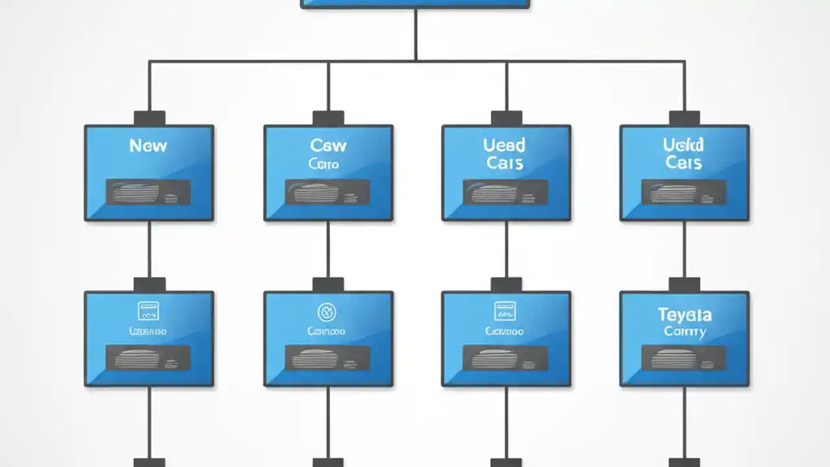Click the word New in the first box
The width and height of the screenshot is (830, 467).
148,145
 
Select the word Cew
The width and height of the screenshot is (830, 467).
328,145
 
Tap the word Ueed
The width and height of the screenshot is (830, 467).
504,145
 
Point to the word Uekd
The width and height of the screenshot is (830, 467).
683,145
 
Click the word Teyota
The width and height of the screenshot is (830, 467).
685,315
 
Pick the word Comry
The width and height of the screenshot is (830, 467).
685,331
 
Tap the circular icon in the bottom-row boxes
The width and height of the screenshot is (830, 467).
327,311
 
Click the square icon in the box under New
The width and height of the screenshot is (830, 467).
148,311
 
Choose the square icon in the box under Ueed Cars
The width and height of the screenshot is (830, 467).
504,311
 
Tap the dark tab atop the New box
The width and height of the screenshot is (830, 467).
149,118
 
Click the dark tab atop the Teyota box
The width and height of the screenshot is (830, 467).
684,285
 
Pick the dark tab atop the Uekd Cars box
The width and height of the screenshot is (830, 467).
684,118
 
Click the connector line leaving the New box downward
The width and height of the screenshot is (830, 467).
149,249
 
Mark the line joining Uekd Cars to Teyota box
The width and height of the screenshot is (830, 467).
684,249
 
